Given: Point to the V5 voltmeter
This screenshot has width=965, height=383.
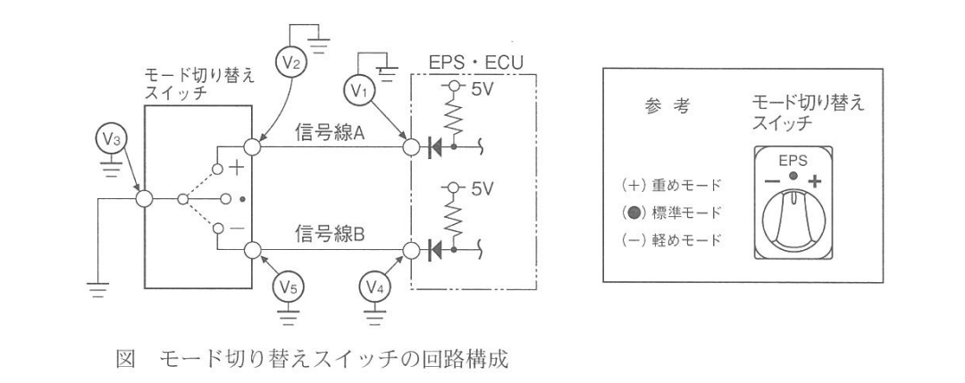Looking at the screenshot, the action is [x=291, y=287].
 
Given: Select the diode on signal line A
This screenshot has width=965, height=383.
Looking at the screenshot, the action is [x=434, y=147].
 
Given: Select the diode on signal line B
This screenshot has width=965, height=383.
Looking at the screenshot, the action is [x=434, y=250].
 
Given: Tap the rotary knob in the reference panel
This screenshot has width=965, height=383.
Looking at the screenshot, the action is [x=794, y=221].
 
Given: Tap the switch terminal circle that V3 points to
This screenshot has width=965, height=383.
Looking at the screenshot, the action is [x=144, y=199].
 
